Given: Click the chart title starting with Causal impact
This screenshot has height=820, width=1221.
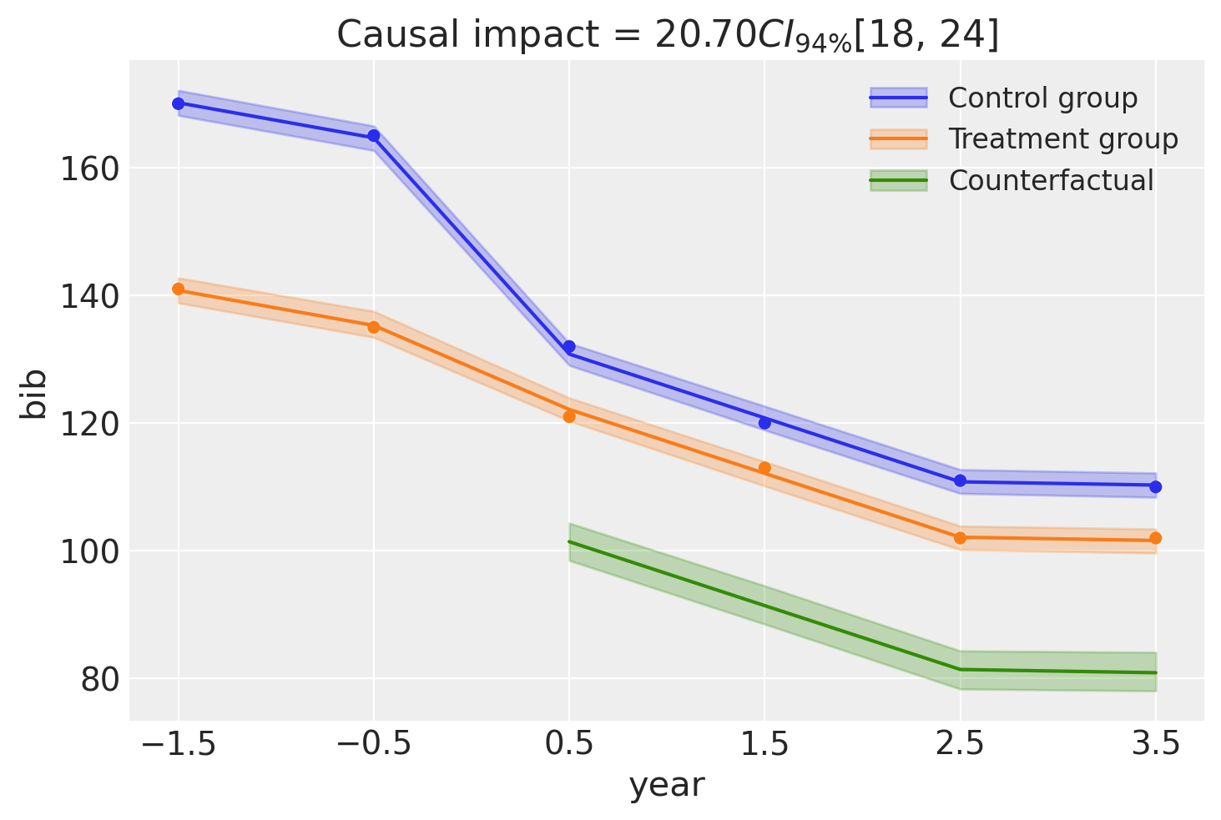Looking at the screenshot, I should click(667, 35).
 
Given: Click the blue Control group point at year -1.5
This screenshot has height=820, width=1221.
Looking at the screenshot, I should click(178, 103).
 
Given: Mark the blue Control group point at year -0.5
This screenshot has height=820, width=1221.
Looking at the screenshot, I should click(374, 136).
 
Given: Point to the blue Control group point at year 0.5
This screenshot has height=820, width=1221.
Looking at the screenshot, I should click(569, 346).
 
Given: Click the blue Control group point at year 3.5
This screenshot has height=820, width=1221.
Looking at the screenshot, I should click(1155, 486).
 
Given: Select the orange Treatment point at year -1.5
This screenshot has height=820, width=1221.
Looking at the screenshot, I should click(178, 289).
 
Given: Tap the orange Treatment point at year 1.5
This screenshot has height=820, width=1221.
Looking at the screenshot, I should click(764, 468).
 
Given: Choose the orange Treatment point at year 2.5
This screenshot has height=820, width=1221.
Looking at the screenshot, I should click(960, 538).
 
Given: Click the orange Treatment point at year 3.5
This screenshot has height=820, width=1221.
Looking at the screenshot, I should click(1155, 538).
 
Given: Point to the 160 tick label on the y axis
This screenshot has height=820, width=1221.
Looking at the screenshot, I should click(88, 169).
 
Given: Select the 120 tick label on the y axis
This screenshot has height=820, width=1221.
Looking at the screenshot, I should click(88, 425).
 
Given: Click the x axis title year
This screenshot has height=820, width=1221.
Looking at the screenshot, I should click(666, 786).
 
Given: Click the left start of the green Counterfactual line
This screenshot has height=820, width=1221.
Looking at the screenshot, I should click(570, 542).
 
